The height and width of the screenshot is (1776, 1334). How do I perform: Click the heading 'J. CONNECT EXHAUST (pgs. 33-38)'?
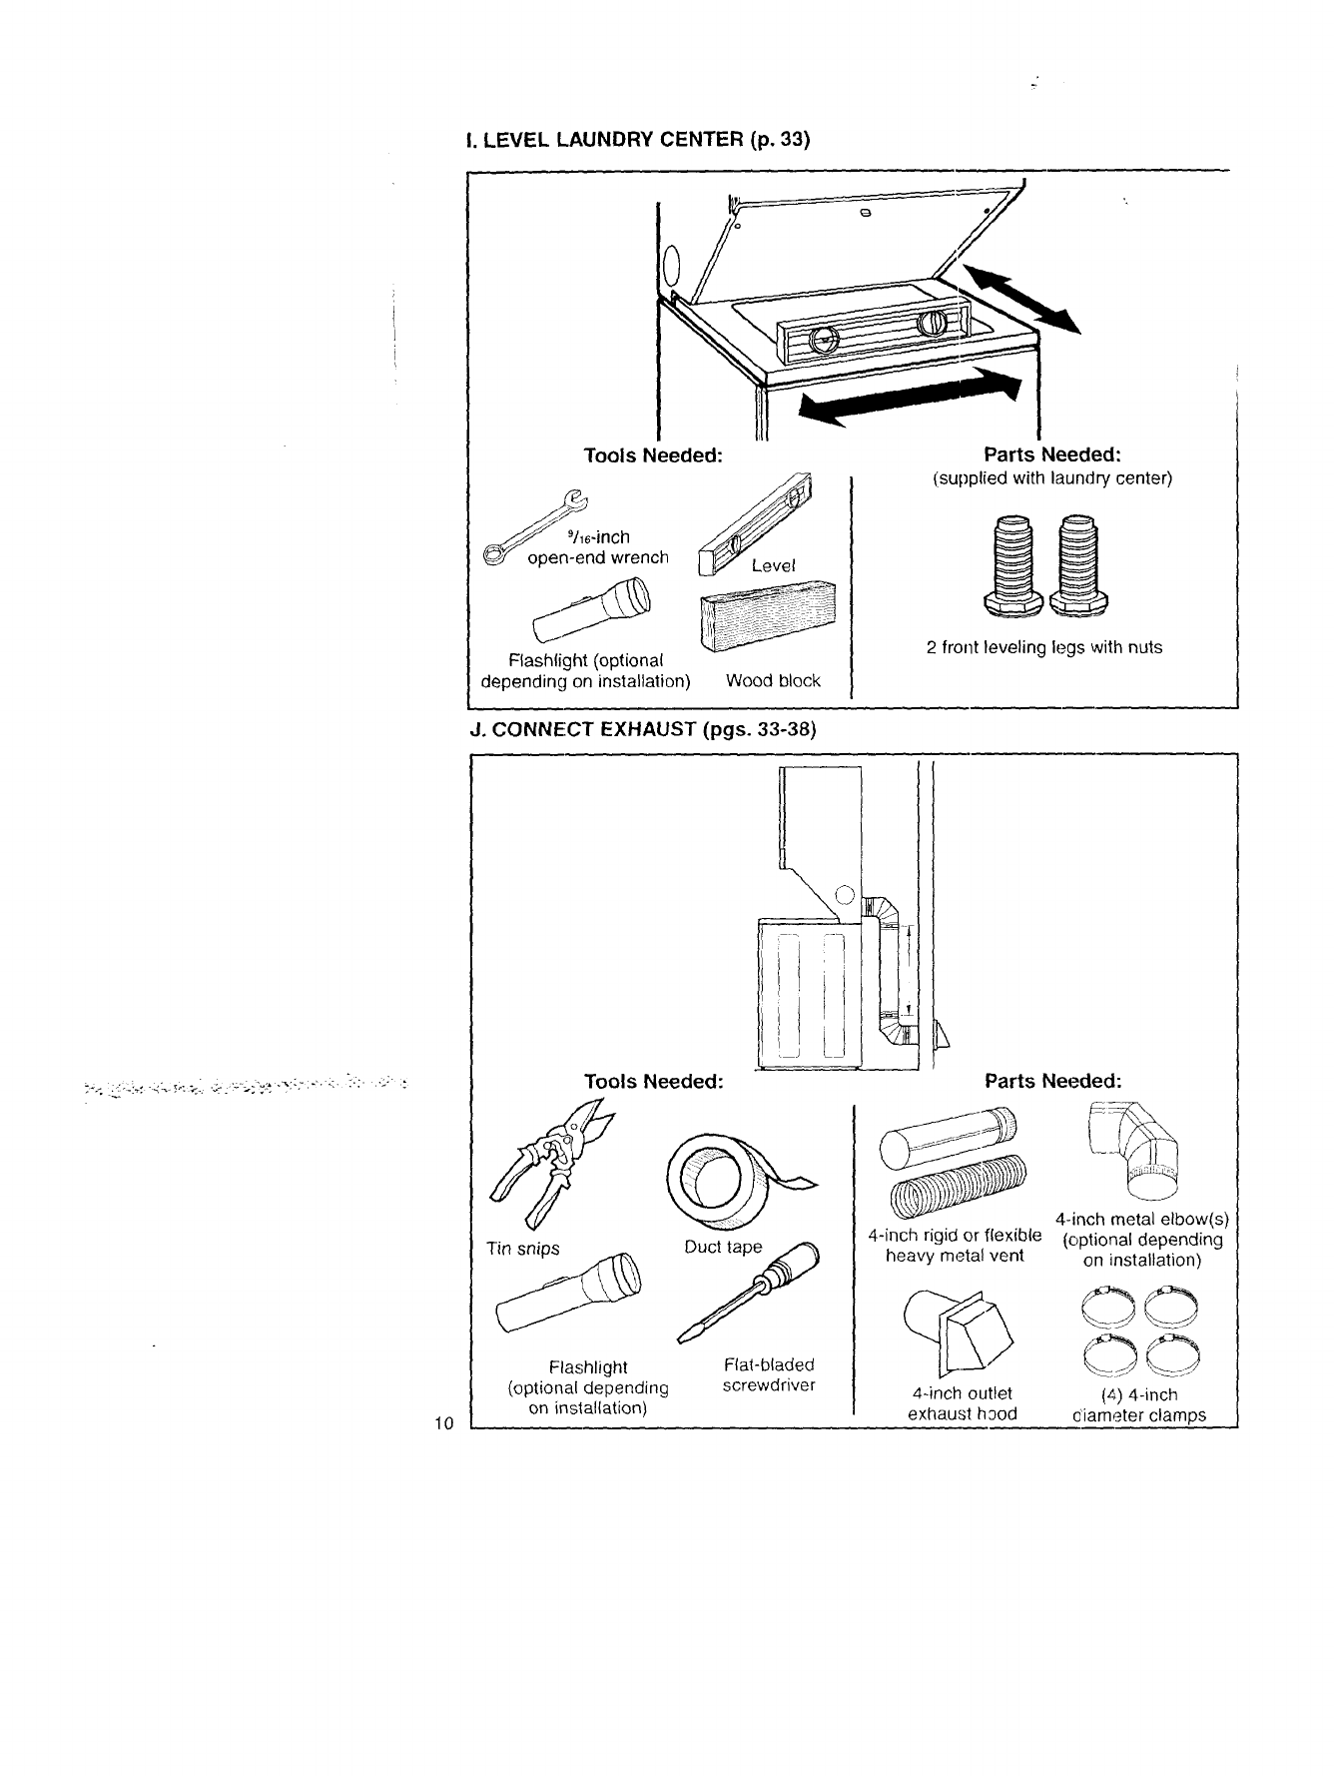pos(642,729)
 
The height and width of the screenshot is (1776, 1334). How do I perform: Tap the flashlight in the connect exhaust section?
pos(567,1295)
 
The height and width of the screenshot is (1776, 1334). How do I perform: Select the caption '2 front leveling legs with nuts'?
pos(1043,647)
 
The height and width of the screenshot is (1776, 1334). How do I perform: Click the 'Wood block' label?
pos(773,681)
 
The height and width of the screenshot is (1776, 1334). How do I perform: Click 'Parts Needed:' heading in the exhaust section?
pos(1052,1081)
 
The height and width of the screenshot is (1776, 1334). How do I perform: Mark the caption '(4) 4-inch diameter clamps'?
pos(1138,1404)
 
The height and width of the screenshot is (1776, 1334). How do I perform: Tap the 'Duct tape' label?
pos(723,1247)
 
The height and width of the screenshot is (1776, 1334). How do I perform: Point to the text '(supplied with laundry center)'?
pos(1051,478)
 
